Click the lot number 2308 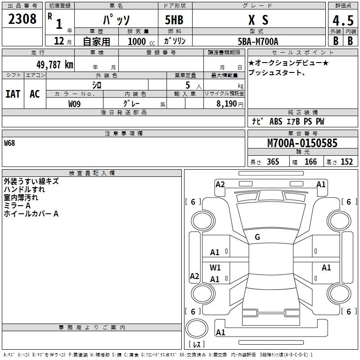tap(23, 19)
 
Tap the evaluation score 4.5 tap(342, 21)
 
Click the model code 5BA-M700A tap(258, 41)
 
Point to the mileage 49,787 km tap(52, 64)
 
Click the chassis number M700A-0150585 tap(302, 143)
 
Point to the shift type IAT tap(13, 94)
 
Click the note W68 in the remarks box tap(9, 143)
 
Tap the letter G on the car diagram tap(257, 237)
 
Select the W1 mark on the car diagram tap(215, 267)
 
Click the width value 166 tap(310, 162)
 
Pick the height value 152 tap(346, 162)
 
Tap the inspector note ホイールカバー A tap(31, 214)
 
